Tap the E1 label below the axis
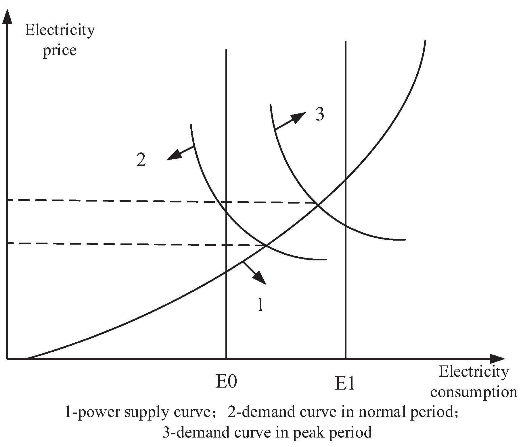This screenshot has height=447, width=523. [x=345, y=384]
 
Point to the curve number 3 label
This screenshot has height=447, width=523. [x=320, y=115]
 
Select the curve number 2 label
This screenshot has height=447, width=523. [x=141, y=160]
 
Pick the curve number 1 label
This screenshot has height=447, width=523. [x=260, y=305]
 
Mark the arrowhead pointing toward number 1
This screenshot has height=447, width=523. [x=260, y=279]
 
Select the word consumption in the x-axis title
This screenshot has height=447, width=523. [x=474, y=392]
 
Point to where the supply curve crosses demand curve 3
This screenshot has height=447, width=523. [x=317, y=204]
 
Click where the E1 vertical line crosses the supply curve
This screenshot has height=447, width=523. [x=345, y=180]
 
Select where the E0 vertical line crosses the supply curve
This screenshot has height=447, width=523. [x=227, y=271]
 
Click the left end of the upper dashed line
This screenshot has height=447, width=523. [x=9, y=200]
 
